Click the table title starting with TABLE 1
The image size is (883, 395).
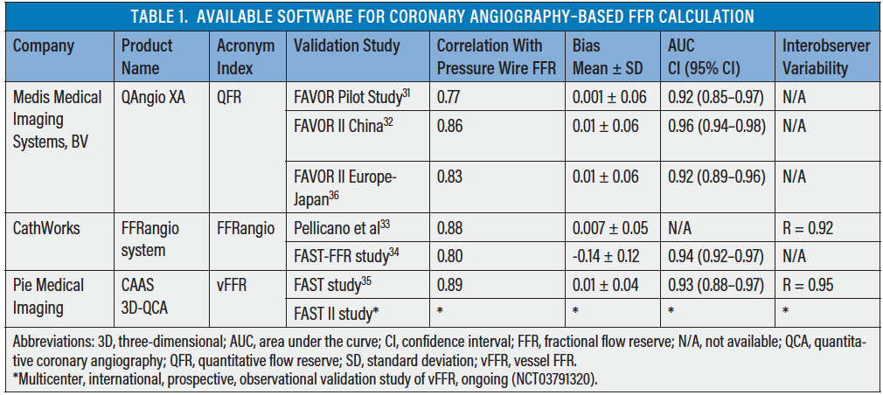[441, 17]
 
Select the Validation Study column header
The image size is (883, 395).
[347, 45]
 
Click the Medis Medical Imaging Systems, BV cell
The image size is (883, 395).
[58, 119]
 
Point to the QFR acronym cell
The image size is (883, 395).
[231, 97]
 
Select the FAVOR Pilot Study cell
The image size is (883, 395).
[347, 97]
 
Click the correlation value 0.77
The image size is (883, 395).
[450, 97]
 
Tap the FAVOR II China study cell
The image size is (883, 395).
[344, 127]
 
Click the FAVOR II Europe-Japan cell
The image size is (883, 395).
[345, 187]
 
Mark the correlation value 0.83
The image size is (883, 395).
[450, 177]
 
